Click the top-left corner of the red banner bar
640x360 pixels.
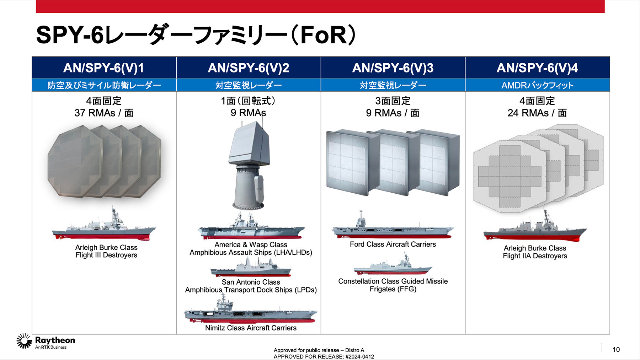36,0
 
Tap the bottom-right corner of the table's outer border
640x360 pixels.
610,334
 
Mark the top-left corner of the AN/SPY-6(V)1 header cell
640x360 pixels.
32,57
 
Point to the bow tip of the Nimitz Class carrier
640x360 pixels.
317,312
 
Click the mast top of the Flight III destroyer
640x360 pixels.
113,205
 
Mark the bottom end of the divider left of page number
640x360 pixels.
602,352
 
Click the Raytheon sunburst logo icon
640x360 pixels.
24,341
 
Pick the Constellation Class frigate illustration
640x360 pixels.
393,265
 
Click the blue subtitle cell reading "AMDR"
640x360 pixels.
537,85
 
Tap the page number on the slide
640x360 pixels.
616,350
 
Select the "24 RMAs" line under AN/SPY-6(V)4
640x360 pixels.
537,113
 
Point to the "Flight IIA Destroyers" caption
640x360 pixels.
535,256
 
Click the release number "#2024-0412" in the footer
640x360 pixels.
359,356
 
